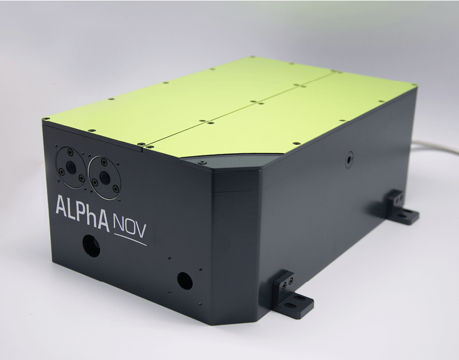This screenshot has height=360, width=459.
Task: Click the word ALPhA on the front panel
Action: pyautogui.click(x=83, y=209)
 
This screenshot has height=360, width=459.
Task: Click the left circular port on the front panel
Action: pyautogui.click(x=71, y=167)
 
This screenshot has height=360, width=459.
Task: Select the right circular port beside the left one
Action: pyautogui.click(x=104, y=178)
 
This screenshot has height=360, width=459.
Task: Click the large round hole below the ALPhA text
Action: pyautogui.click(x=91, y=245)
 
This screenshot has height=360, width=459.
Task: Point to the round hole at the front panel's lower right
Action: pyautogui.click(x=185, y=281)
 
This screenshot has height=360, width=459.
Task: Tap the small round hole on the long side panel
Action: pyautogui.click(x=349, y=159)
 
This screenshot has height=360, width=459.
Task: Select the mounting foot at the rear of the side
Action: pyautogui.click(x=402, y=207)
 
